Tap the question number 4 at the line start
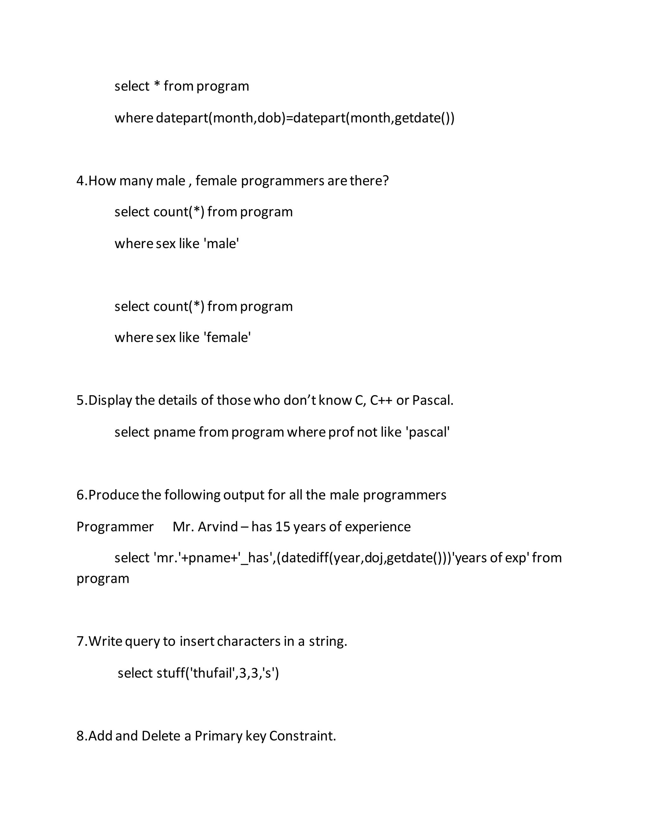[80, 180]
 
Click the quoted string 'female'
[227, 338]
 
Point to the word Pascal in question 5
[432, 401]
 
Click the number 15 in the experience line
[283, 527]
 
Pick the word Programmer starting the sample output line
[115, 527]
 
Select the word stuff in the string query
[171, 673]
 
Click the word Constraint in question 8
[302, 736]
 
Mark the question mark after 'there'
[385, 180]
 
